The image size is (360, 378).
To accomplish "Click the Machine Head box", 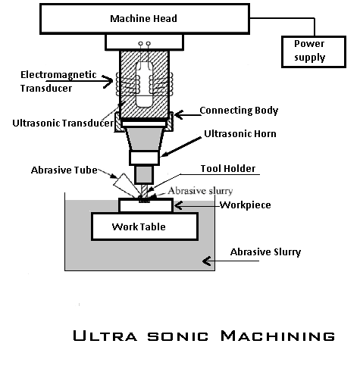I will pos(143,19).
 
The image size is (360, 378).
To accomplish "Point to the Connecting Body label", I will pos(238,110).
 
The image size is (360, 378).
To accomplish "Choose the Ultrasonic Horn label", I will pos(240,134).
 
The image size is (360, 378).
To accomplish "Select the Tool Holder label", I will pos(227,168).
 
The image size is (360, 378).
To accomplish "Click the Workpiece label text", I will pos(249,205).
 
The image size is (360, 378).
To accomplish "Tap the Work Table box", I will pos(144,226).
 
